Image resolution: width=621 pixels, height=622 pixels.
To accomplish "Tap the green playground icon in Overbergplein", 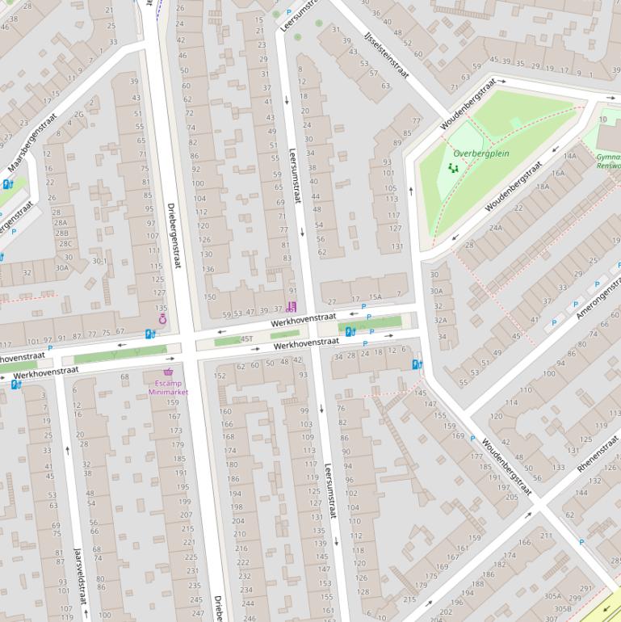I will coord(452,168).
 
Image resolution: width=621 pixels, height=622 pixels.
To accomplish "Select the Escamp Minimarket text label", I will coord(168,387).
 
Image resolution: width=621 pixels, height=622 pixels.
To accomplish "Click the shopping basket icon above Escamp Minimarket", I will coord(168,372).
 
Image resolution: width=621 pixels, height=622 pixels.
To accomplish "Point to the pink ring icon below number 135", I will coord(162,319).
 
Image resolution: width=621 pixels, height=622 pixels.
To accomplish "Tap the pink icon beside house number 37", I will coord(292,306).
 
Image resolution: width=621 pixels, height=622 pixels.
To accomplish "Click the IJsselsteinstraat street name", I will coord(386,56).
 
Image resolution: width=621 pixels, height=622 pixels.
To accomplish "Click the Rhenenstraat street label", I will coord(598,453).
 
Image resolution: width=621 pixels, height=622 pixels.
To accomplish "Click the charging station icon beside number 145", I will coord(417,365).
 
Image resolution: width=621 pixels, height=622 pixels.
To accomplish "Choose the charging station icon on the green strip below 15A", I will coord(350,331).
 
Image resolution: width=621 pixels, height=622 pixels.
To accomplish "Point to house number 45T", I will coord(245,339).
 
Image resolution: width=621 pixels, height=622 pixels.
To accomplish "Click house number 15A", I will coord(375,298).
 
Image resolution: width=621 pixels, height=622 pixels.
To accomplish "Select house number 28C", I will coord(65,243).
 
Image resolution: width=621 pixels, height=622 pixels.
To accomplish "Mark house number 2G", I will coord(78,115).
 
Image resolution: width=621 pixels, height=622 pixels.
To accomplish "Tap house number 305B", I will coord(562,608).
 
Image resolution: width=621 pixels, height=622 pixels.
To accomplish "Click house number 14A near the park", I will coord(570,156).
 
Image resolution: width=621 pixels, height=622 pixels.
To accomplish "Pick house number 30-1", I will coord(99,261).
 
